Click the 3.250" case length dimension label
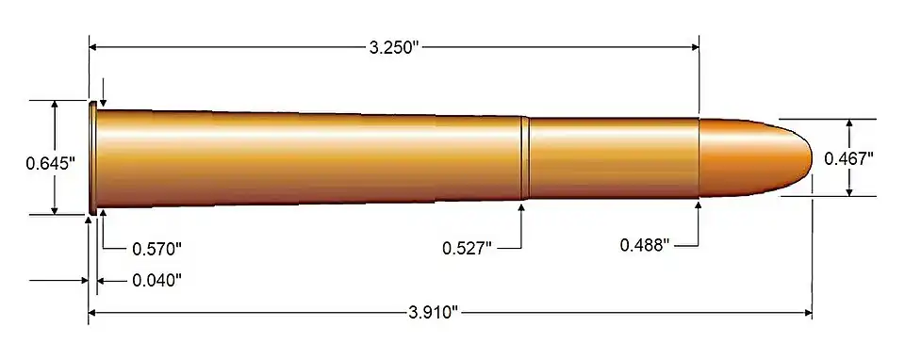393,47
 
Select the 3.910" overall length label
434,313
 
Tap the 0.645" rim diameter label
51,163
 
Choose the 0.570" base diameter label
157,249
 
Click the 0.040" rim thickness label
157,281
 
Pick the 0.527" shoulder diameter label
467,248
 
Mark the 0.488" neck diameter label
645,245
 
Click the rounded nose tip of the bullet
811,157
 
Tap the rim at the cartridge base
91,157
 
